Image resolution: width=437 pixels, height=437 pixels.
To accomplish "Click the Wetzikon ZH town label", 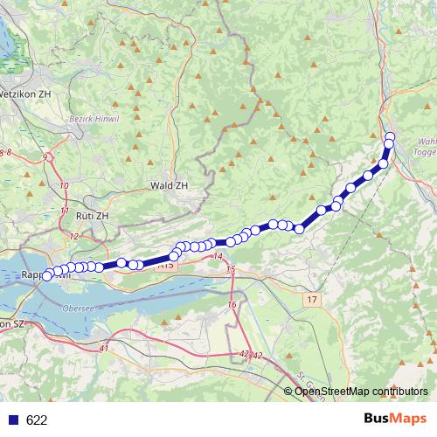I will (x=25, y=92).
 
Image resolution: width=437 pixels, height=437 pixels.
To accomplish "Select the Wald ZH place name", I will (x=169, y=185).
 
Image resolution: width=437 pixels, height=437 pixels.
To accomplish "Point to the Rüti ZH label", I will (x=92, y=215).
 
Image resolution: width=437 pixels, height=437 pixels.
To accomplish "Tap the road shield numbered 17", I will (x=313, y=300).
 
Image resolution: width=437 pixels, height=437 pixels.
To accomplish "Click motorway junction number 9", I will (x=45, y=157).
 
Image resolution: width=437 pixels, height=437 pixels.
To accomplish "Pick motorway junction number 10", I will (x=64, y=186).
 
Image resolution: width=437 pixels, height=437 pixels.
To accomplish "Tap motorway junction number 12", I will (x=73, y=236).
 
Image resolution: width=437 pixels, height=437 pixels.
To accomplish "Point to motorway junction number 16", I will (x=232, y=303).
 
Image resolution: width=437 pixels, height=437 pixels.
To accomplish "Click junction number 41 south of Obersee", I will (x=104, y=349).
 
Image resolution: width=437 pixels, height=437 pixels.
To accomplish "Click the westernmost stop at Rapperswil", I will (x=47, y=275).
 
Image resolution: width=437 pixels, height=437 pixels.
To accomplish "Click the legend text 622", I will (x=37, y=420).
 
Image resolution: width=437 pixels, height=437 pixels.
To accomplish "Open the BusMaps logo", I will (x=395, y=418).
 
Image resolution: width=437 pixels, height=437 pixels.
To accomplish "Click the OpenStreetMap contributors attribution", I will (x=361, y=392).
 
